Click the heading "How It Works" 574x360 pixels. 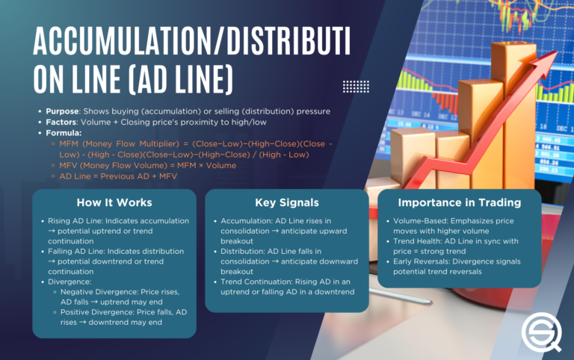point(114,202)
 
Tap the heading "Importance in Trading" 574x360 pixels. point(459,202)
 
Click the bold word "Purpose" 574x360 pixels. point(62,111)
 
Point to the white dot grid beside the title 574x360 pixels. point(356,86)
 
